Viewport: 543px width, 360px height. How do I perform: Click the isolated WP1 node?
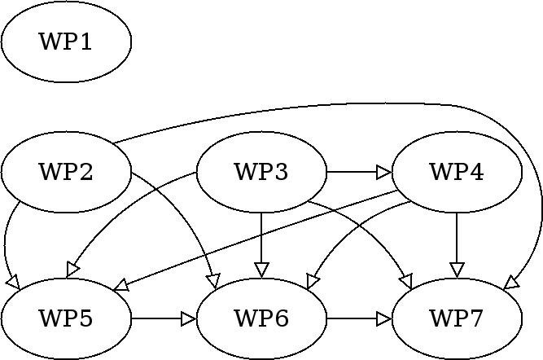point(66,42)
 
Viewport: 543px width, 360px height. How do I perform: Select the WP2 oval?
point(66,172)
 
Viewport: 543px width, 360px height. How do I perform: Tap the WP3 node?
point(261,172)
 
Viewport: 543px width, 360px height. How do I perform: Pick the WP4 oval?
point(457,172)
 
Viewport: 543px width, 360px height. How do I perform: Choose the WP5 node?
point(66,318)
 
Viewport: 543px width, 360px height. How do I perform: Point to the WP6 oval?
point(261,318)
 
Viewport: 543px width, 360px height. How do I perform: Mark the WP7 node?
point(457,318)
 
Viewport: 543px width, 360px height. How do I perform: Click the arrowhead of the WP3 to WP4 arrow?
point(383,172)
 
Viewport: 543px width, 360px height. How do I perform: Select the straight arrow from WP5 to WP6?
point(163,318)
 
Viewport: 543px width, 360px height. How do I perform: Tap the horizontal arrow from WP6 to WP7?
point(358,318)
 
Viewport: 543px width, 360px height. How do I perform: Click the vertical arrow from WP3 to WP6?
point(261,240)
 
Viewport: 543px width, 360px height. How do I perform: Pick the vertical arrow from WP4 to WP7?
point(457,240)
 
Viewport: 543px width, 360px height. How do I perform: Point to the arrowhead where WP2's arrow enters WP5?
point(13,282)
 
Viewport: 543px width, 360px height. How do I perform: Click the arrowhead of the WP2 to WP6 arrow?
point(214,281)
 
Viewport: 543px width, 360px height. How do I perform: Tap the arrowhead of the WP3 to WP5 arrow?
point(72,270)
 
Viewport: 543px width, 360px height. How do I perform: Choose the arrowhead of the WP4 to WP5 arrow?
point(120,287)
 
